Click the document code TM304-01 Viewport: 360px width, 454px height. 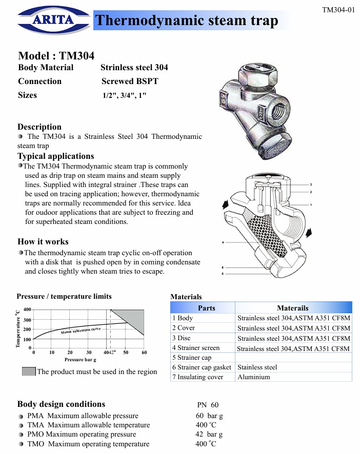tap(338, 9)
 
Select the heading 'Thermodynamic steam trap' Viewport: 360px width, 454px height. tap(187, 20)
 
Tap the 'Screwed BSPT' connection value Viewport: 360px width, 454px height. tap(130, 81)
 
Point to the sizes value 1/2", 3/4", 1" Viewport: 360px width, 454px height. tap(125, 96)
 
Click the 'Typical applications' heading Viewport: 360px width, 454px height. tap(56, 156)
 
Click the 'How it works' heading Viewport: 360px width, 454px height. tap(43, 242)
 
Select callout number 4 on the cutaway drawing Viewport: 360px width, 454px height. tap(223, 241)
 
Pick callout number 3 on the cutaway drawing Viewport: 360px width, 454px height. tap(311, 184)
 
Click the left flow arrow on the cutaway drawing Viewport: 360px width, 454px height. tap(225, 204)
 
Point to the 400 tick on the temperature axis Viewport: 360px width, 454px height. tap(27, 309)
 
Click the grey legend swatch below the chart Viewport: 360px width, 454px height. tap(29, 372)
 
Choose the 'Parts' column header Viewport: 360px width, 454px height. tap(206, 308)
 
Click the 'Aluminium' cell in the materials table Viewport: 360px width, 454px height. tap(253, 377)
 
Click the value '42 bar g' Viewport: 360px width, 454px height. tap(209, 435)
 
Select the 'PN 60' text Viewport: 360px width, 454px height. tap(208, 405)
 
